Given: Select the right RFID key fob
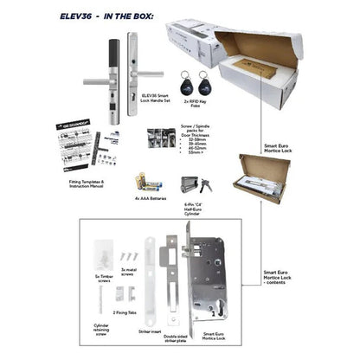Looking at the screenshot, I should click(205, 85).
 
